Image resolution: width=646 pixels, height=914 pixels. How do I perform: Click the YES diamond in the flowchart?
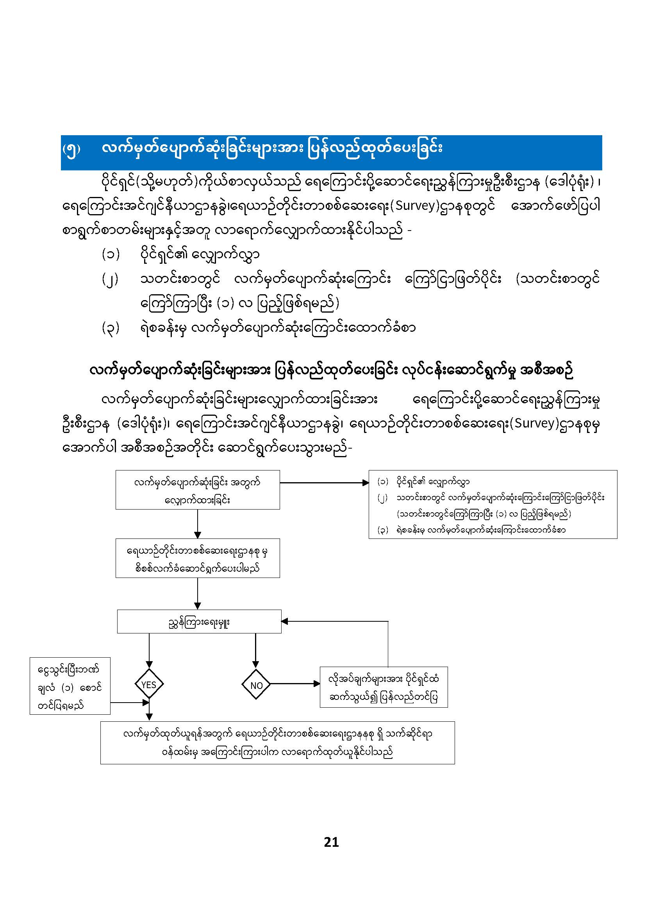click(x=149, y=685)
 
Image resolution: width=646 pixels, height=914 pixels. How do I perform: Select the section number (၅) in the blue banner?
click(x=71, y=149)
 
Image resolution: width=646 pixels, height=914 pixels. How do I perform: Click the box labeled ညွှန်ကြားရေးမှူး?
click(x=199, y=622)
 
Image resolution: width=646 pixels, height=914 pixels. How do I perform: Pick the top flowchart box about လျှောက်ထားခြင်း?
click(x=197, y=490)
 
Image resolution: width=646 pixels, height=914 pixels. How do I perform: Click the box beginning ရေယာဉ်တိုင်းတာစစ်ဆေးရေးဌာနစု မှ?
click(x=197, y=558)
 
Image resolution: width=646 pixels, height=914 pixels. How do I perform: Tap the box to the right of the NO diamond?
click(x=384, y=687)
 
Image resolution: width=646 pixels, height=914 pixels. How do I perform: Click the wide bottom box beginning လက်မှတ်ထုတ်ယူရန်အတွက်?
click(x=277, y=742)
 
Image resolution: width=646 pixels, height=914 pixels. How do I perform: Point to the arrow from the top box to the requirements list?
click(x=324, y=483)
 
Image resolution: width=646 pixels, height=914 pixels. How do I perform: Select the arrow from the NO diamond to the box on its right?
click(x=294, y=684)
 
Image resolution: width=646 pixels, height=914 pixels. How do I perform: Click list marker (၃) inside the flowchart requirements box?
click(x=383, y=530)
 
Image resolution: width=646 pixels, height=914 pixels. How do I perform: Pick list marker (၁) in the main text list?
click(x=110, y=254)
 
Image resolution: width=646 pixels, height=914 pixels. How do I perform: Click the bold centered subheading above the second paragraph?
click(x=331, y=371)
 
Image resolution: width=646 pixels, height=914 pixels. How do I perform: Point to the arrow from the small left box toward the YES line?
click(x=129, y=703)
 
